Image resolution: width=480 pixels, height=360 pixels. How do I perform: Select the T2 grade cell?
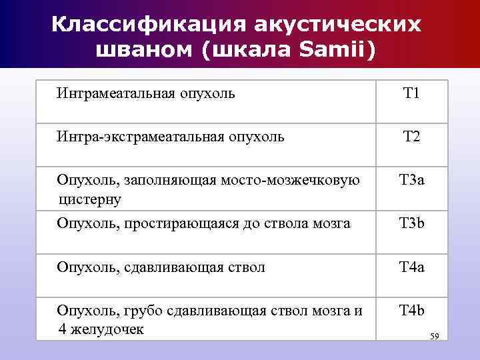pos(411,137)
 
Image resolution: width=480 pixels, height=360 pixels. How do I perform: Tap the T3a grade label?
pos(411,180)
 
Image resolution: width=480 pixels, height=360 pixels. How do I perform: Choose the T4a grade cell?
pos(411,267)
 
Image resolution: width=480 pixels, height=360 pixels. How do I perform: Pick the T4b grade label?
pos(411,310)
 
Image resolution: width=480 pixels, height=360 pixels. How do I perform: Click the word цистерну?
pos(90,199)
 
